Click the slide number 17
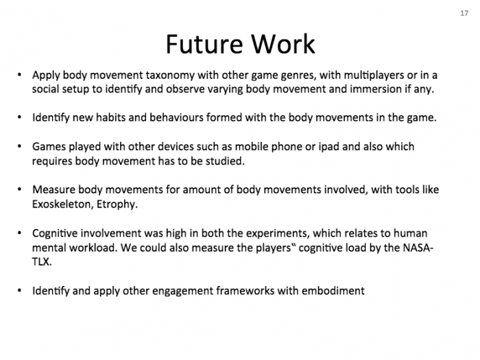(x=464, y=13)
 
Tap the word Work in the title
(x=283, y=44)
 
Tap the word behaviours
(x=176, y=117)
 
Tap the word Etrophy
(x=117, y=204)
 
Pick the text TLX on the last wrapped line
(x=42, y=262)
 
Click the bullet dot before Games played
(x=20, y=147)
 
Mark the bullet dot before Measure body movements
(x=20, y=190)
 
